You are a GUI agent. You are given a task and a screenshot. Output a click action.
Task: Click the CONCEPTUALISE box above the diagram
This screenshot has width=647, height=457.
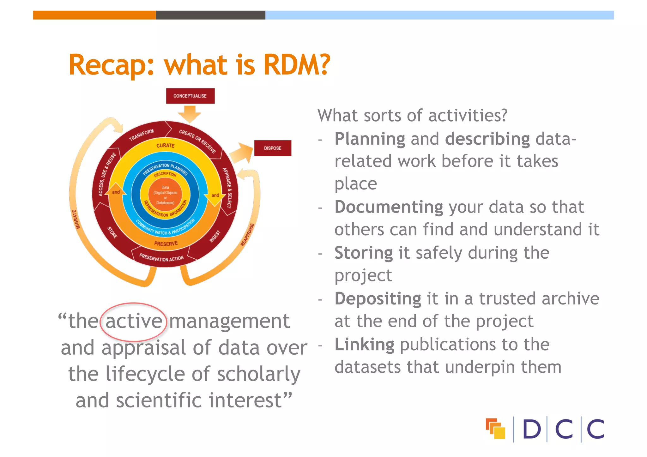point(190,96)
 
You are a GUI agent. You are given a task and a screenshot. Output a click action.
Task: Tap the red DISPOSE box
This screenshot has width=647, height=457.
point(273,148)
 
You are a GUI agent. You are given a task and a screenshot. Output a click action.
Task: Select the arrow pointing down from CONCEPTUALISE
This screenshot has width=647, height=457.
point(190,114)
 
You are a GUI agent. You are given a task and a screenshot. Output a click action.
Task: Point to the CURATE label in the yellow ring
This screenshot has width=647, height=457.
point(165,145)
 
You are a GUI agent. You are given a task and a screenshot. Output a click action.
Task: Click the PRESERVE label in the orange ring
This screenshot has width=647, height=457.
point(166,244)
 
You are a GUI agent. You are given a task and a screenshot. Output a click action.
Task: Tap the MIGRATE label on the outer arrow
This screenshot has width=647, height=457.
point(76,219)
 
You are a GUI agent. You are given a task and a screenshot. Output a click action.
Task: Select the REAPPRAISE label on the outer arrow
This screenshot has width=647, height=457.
point(247,235)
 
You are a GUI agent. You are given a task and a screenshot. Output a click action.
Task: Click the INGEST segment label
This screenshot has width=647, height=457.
point(215,237)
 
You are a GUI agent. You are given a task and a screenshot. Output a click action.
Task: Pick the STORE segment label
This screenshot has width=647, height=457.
point(112,232)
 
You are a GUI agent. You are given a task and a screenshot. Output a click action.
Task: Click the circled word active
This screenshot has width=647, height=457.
point(134,322)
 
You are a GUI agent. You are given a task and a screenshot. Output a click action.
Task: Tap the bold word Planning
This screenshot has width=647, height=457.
point(370,139)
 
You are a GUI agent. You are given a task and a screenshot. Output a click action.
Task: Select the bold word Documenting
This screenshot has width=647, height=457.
point(389,207)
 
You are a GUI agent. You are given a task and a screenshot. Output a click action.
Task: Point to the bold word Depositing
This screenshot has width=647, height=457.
point(378,299)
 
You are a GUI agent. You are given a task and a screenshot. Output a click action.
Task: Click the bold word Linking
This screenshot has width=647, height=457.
point(364,345)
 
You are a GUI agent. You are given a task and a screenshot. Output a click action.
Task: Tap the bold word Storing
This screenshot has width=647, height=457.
point(364,253)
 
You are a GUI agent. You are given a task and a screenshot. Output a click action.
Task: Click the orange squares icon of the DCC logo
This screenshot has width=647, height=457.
point(495,429)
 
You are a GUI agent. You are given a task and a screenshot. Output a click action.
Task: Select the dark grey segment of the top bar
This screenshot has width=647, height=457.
point(210,15)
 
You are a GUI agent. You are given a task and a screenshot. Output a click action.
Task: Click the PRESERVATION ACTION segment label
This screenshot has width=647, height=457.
point(161,258)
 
